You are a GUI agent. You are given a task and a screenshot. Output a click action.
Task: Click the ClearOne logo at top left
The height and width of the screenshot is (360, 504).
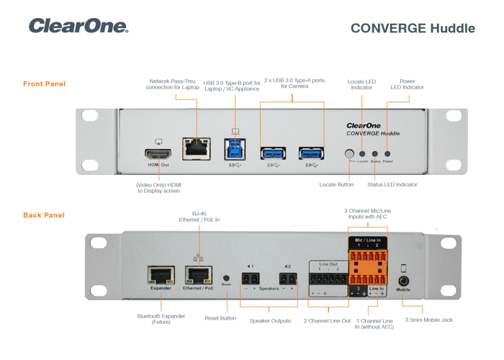(x=78, y=26)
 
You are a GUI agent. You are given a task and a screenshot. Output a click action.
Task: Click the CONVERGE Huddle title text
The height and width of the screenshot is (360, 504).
(x=413, y=29)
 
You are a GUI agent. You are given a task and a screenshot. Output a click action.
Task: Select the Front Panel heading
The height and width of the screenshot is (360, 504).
(x=45, y=84)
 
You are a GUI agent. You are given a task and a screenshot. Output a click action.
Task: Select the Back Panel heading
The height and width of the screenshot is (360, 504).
(x=44, y=215)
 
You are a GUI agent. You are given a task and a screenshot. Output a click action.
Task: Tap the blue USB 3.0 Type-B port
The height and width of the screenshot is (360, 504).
(x=235, y=148)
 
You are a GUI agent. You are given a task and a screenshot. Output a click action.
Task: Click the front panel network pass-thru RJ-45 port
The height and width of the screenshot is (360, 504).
(x=196, y=148)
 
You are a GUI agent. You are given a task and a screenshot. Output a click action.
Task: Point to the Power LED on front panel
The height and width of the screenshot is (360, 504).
(x=387, y=153)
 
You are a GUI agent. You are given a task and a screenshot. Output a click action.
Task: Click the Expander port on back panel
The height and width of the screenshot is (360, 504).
(x=161, y=275)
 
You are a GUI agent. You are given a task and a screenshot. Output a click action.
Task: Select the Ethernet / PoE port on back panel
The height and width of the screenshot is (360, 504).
(x=197, y=275)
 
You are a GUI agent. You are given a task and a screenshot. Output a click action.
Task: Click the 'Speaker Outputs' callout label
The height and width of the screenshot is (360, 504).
(x=271, y=320)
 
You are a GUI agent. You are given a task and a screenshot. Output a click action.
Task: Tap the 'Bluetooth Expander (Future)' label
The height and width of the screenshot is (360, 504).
(x=161, y=319)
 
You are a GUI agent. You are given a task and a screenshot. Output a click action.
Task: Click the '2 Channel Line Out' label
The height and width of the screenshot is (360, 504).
(x=327, y=320)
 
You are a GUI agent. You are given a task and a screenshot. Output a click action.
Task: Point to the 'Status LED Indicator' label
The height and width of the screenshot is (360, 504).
(x=392, y=185)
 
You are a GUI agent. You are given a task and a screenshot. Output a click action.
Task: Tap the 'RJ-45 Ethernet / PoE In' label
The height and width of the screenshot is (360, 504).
(x=199, y=217)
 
